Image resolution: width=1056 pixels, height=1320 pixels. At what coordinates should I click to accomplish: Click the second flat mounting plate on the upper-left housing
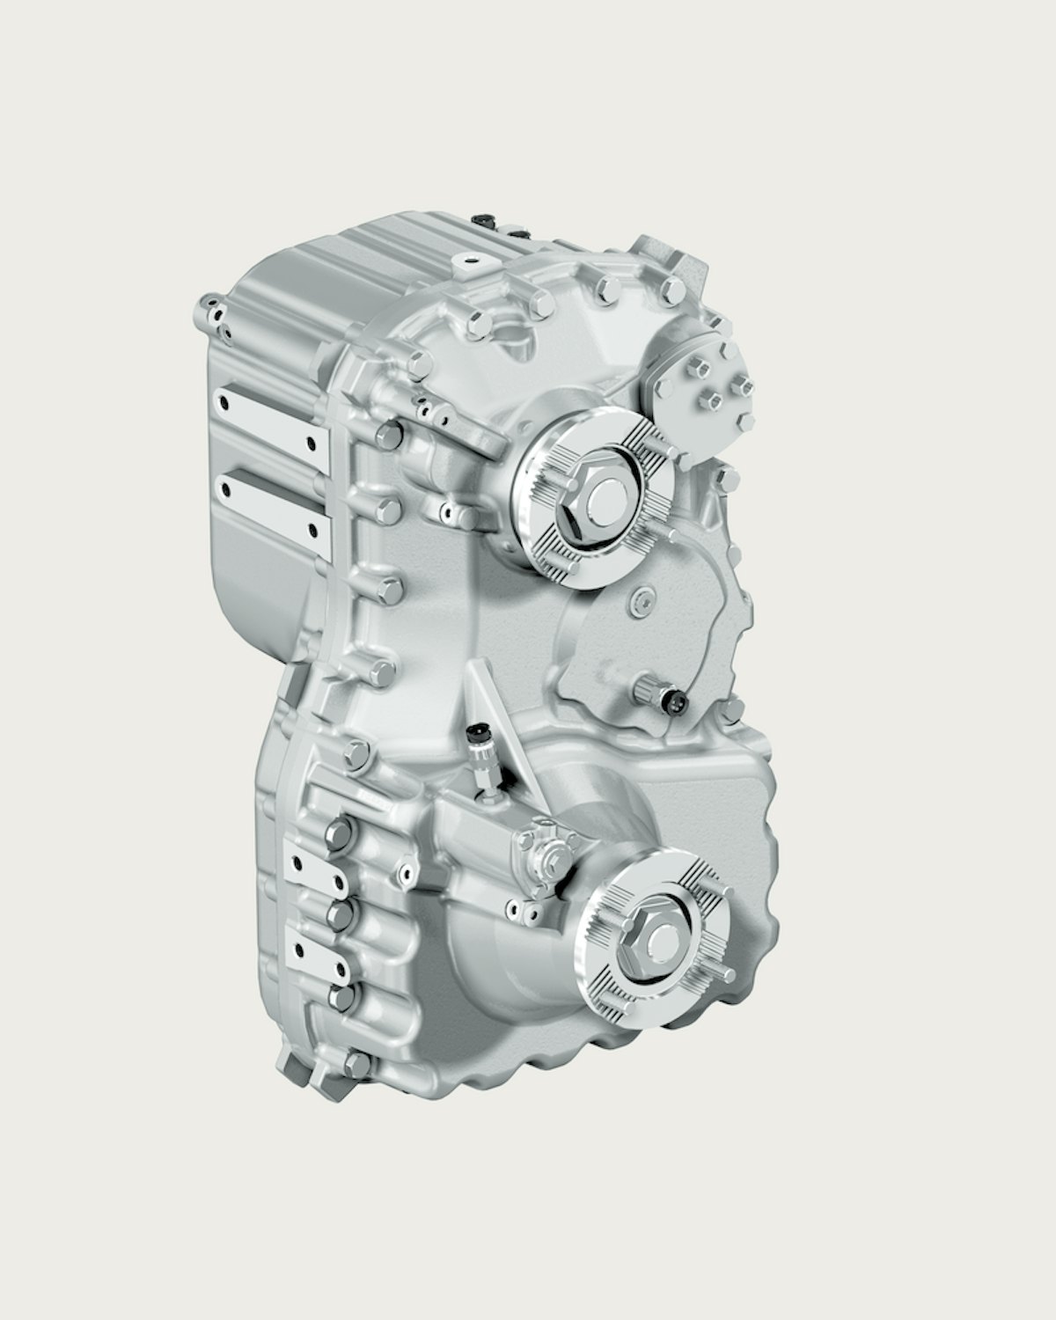[x=270, y=502]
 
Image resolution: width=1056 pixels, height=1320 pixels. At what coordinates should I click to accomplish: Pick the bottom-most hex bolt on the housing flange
[x=356, y=1066]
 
